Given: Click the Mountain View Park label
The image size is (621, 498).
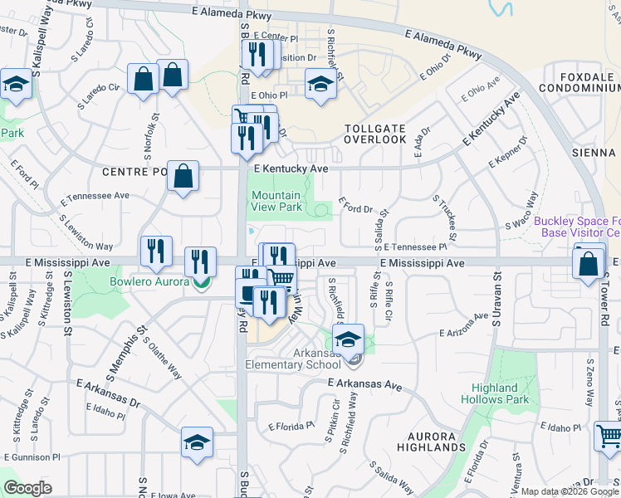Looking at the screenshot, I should click(276, 201).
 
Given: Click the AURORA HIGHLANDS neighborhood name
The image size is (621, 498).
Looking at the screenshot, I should click(431, 442).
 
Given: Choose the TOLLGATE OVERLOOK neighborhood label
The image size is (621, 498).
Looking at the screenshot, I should click(375, 134).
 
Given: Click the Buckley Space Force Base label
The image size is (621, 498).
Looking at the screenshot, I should click(576, 227).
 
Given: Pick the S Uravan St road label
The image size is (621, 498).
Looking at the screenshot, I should click(496, 300).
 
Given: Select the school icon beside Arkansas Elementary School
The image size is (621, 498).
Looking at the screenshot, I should click(349, 339).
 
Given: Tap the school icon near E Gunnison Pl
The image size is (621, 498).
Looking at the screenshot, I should click(198, 442).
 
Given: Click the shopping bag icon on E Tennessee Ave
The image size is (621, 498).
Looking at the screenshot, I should click(183, 176).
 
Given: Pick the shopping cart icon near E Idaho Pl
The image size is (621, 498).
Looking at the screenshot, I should click(609, 436).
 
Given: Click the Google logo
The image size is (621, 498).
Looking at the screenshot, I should click(27, 488).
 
